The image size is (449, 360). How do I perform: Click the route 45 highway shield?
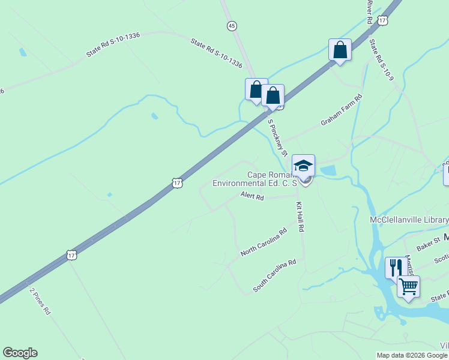(x=232, y=25)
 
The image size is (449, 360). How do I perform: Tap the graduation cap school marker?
(x=303, y=165)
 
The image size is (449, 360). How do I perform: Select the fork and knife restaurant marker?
(x=395, y=266)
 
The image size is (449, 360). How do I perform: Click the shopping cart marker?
(x=408, y=287)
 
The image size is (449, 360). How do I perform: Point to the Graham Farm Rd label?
(x=341, y=110)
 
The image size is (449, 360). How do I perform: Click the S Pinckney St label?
(x=277, y=137)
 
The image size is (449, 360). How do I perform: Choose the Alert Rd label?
(x=252, y=196)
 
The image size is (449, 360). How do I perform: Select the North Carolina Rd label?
(x=264, y=242)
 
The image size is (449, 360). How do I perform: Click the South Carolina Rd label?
(x=275, y=275)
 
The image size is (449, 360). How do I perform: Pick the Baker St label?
(x=429, y=245)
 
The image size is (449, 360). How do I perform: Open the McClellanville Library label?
(x=409, y=220)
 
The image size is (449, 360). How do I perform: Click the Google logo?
(x=20, y=353)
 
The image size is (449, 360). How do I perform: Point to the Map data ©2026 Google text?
(x=412, y=355)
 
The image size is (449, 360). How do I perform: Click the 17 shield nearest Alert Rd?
(x=176, y=182)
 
